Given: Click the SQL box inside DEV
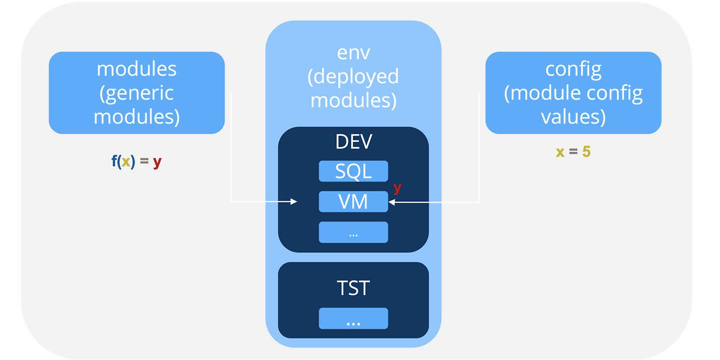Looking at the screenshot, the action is click(353, 171).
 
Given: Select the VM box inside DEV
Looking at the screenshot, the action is click(353, 202).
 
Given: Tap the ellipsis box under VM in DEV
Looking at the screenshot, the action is click(353, 232).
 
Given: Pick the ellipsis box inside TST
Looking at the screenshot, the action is click(353, 318).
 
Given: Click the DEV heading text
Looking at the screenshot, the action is click(354, 142).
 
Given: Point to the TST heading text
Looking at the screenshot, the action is click(353, 288).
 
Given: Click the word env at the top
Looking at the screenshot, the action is click(354, 53).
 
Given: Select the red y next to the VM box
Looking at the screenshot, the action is click(398, 188).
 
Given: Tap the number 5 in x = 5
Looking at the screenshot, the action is click(586, 151).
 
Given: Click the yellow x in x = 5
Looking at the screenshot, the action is click(560, 152).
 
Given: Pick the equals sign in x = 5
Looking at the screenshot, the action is click(573, 151).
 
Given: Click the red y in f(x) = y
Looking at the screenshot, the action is click(157, 162).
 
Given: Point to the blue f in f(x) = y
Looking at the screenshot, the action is click(114, 161).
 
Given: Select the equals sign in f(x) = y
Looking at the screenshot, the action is click(144, 161).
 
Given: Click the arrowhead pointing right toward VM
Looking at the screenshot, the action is click(294, 202).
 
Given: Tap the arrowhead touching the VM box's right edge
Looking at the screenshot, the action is click(392, 202).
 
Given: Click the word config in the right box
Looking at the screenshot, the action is click(573, 70).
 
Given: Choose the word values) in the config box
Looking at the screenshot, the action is click(573, 116).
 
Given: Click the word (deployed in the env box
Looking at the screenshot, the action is click(353, 77).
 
